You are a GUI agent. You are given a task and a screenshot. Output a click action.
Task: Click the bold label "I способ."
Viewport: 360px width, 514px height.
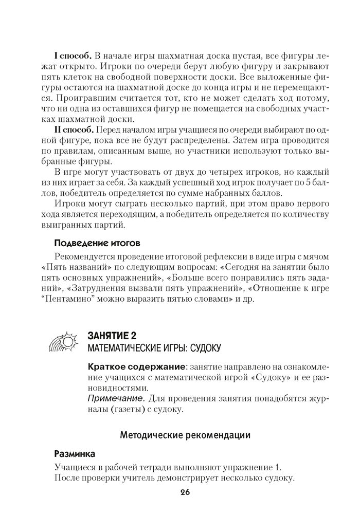[x=73, y=56]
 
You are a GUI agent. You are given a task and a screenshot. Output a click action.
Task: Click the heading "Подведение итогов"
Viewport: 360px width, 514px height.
[x=98, y=242]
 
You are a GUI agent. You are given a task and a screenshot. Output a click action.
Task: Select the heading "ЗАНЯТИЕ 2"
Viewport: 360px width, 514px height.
[x=112, y=336]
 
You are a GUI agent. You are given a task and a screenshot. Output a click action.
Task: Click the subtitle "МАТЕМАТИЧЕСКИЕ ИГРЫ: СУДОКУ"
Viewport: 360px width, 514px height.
[x=154, y=350]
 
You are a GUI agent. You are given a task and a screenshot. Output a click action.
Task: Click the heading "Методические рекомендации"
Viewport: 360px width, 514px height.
[x=185, y=436]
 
